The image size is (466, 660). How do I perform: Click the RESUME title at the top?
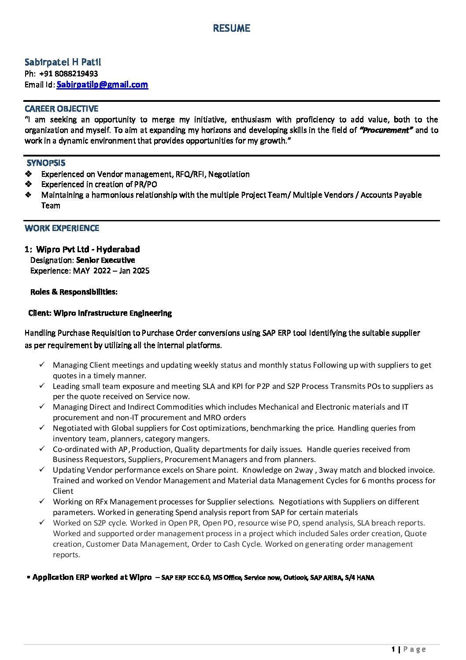pyautogui.click(x=231, y=28)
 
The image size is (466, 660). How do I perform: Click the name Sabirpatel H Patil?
pyautogui.click(x=63, y=62)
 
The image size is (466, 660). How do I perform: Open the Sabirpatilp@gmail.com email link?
pyautogui.click(x=102, y=85)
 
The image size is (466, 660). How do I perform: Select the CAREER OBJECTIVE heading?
pyautogui.click(x=61, y=108)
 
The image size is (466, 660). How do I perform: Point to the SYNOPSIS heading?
pyautogui.click(x=46, y=163)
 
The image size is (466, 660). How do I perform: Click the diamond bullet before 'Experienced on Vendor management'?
pyautogui.click(x=29, y=174)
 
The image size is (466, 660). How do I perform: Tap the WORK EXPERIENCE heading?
pyautogui.click(x=62, y=228)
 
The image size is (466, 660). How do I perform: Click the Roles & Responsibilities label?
pyautogui.click(x=74, y=292)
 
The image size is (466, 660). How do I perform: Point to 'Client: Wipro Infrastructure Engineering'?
pyautogui.click(x=100, y=313)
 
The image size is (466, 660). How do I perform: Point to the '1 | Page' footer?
pyautogui.click(x=408, y=649)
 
